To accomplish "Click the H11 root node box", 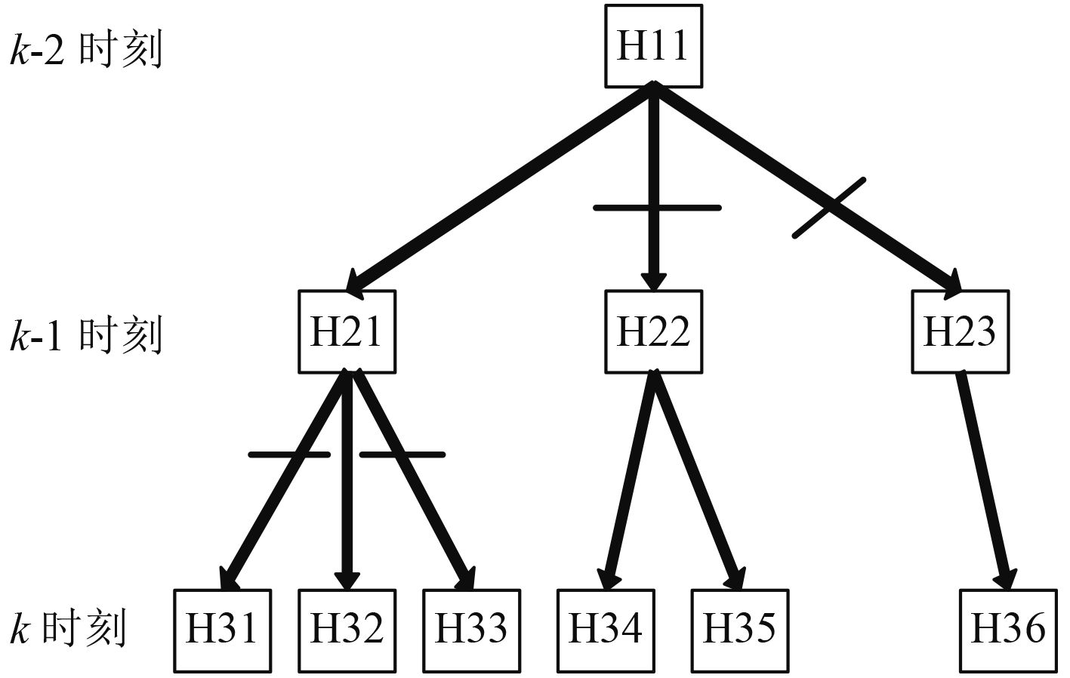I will click(x=653, y=45).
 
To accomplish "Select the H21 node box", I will click(x=347, y=331).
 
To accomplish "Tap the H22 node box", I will click(x=653, y=331).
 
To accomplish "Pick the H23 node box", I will click(x=960, y=331).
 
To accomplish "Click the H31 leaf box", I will click(x=222, y=630).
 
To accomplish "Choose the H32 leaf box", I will click(x=347, y=630).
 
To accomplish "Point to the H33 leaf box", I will click(x=471, y=630).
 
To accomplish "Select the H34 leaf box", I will click(x=606, y=630).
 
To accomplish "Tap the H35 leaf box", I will click(x=740, y=630).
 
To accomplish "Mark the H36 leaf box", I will click(x=1008, y=630).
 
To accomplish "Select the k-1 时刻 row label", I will click(x=86, y=335).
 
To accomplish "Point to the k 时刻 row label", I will click(x=68, y=628).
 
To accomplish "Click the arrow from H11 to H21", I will click(x=498, y=189).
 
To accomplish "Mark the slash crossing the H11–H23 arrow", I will click(x=828, y=208).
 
